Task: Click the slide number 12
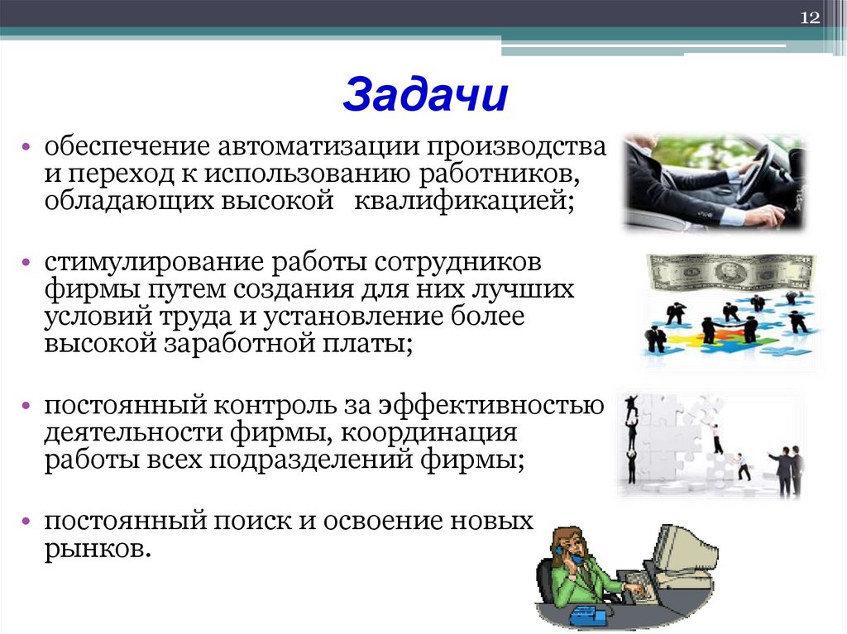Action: pos(809,18)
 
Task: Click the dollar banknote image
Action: pos(730,272)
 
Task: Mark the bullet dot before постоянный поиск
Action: pos(27,522)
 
